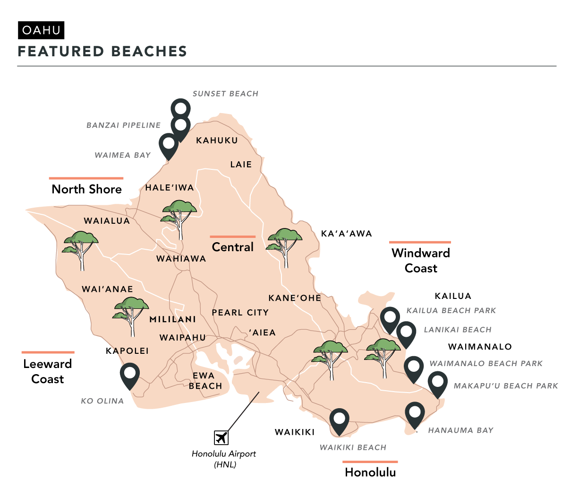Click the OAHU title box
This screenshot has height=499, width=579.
[41, 31]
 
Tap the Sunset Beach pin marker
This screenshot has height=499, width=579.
[180, 108]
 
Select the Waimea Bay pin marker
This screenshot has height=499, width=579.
[168, 145]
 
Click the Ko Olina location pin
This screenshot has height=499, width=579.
[129, 374]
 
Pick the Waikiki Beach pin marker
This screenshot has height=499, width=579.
[339, 420]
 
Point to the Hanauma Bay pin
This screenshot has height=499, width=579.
[415, 413]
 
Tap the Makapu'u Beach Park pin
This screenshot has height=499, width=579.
[437, 382]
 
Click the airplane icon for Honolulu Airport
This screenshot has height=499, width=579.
[221, 438]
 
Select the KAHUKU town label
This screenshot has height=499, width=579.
[217, 140]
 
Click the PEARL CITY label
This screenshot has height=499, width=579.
[240, 313]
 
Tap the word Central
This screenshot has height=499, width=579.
[233, 247]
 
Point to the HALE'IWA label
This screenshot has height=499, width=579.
[170, 188]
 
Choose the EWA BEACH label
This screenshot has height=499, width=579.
[205, 381]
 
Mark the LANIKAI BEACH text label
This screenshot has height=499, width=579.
[458, 330]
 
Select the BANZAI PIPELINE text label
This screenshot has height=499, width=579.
[124, 125]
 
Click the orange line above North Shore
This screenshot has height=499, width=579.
[86, 178]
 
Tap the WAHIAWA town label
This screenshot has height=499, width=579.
[181, 259]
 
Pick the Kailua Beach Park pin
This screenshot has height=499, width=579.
[390, 318]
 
